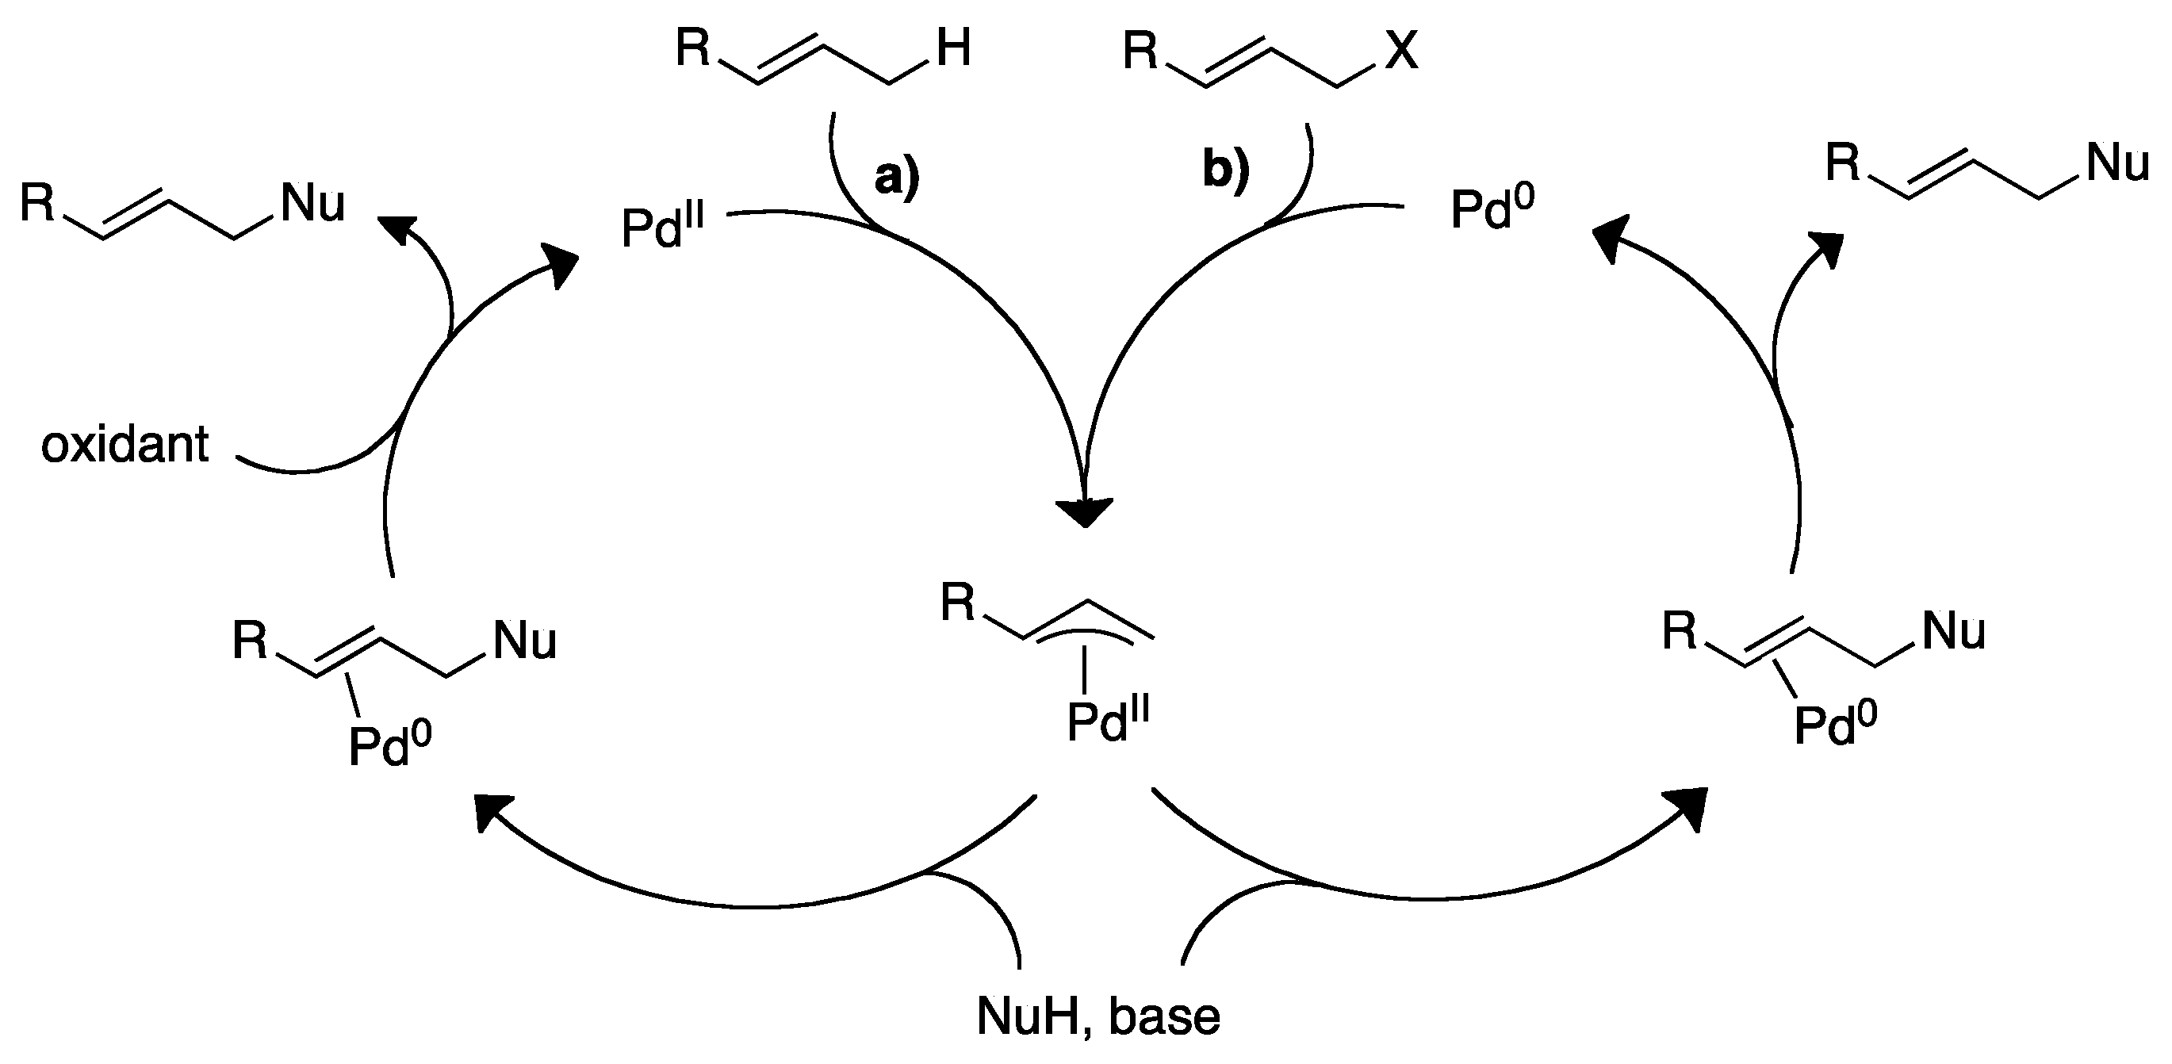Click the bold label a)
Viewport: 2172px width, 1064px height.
(x=896, y=177)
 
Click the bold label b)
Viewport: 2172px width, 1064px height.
(x=1225, y=170)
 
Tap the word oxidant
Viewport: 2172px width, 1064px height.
(x=124, y=444)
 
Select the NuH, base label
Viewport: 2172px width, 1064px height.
(x=1097, y=1015)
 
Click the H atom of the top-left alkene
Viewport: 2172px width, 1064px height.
(x=953, y=48)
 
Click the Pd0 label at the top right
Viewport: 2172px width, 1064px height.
(x=1492, y=210)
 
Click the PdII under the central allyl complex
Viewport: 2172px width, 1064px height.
(x=1107, y=721)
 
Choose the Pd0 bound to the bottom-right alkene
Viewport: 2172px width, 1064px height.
(x=1835, y=725)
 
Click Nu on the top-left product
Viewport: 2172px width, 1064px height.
(x=312, y=204)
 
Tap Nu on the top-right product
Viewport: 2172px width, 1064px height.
(x=2117, y=162)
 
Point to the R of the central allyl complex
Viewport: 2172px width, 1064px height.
(x=958, y=603)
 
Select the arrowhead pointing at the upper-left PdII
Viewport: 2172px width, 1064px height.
(x=561, y=263)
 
